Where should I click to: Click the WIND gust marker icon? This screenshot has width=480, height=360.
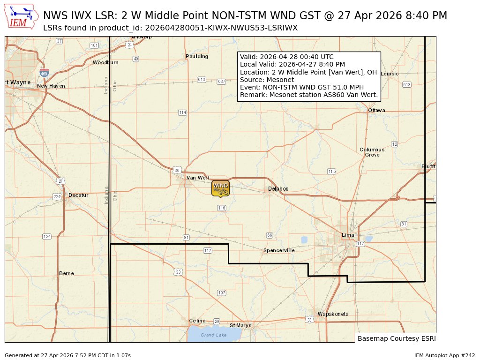pos(220,188)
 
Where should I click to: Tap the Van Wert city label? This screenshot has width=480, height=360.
pos(198,178)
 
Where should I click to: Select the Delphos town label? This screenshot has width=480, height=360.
pos(278,189)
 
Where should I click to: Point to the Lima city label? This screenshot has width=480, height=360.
pos(348,235)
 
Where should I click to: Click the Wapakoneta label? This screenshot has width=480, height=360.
pos(333,314)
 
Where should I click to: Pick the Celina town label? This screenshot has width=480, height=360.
pos(197,321)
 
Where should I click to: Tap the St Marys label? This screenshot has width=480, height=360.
pos(240,325)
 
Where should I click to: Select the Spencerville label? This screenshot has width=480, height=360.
pos(279,250)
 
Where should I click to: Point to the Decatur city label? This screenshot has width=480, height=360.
pos(78,195)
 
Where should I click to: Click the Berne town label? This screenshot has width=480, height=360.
pos(67,273)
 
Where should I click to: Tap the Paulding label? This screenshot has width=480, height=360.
pos(197,56)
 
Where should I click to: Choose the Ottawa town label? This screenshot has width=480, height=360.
pos(376,110)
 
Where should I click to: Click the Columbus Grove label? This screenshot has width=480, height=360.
pos(372,152)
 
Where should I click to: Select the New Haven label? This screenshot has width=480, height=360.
pos(51,86)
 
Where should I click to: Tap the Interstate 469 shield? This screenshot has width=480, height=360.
pos(44,73)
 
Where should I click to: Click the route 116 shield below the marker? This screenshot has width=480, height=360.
pos(222,208)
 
